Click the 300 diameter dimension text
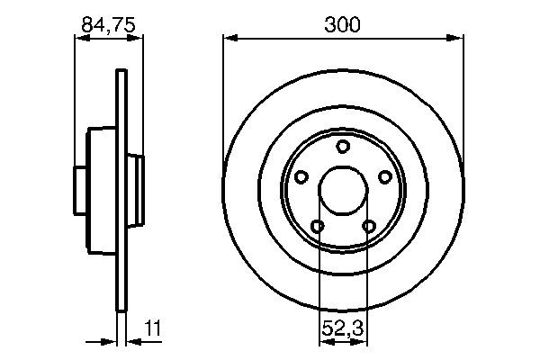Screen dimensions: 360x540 coord(342,25)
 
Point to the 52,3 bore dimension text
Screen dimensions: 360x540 coord(342,329)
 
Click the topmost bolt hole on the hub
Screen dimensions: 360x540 coord(342,147)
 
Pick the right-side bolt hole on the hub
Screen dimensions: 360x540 coord(384,177)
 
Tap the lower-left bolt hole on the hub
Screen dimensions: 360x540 coord(317,226)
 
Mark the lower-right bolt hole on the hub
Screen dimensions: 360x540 coord(368,226)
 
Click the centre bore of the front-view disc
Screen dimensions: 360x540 coord(342,191)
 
